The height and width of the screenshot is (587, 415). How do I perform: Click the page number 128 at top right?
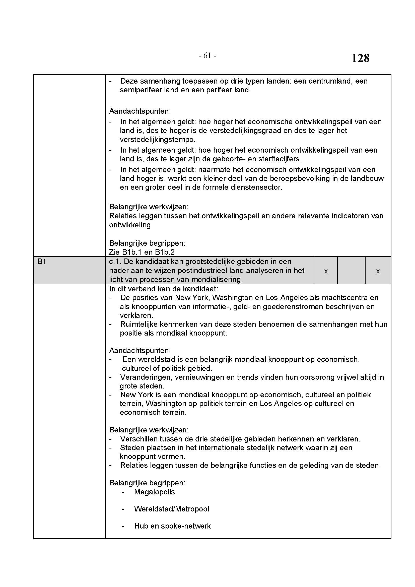point(360,58)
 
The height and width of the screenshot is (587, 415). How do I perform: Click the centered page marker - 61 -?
point(207,55)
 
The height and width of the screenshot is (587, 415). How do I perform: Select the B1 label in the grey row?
point(42,262)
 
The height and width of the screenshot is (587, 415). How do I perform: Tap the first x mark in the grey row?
point(326,272)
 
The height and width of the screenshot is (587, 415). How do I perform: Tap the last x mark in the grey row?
point(378,272)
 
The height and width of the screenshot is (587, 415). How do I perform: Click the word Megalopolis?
point(154,492)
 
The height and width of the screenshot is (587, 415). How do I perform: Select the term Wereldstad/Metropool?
point(171,509)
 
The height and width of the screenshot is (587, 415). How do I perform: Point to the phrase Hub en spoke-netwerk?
point(172,526)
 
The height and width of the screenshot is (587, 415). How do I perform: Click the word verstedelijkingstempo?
point(157,140)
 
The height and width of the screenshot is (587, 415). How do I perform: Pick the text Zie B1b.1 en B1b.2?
point(142,252)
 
